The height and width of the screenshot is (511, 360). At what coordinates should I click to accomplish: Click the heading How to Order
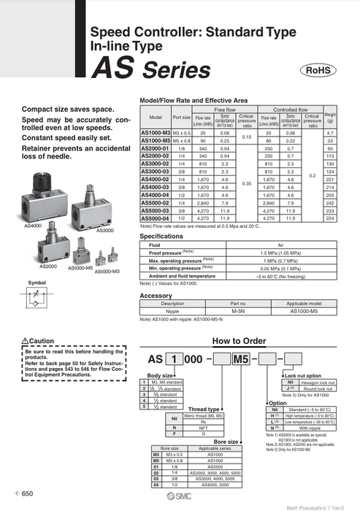[239, 340]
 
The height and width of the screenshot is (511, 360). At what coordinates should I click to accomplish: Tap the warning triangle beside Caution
[26, 340]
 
